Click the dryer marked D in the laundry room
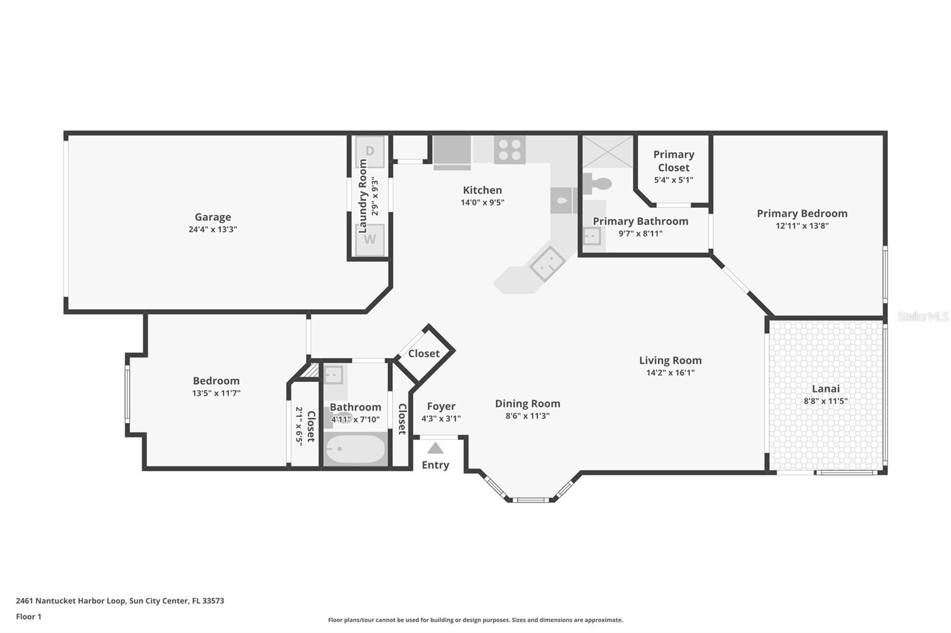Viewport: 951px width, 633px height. coord(370,151)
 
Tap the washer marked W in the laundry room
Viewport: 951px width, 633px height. coord(370,239)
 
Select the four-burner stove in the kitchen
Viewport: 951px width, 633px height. coord(509,150)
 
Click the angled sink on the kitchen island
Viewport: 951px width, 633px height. coord(547,264)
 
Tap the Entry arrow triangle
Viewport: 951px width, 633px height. coord(435,448)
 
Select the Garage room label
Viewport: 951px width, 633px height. coord(213,217)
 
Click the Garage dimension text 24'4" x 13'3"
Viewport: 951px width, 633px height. coord(213,229)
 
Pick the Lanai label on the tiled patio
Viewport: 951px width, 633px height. coord(826,388)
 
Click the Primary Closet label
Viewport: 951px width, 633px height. coord(673,161)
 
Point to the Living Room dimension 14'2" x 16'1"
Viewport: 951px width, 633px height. coord(670,373)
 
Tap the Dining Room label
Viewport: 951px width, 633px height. coord(527,403)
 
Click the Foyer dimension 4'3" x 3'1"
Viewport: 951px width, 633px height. coord(441,418)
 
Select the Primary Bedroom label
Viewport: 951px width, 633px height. coord(802,213)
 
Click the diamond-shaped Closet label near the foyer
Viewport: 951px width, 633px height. coord(424,353)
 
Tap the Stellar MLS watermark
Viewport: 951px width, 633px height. coord(923,316)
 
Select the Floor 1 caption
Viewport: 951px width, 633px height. coord(29,616)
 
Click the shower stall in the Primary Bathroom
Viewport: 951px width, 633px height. coord(607,152)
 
